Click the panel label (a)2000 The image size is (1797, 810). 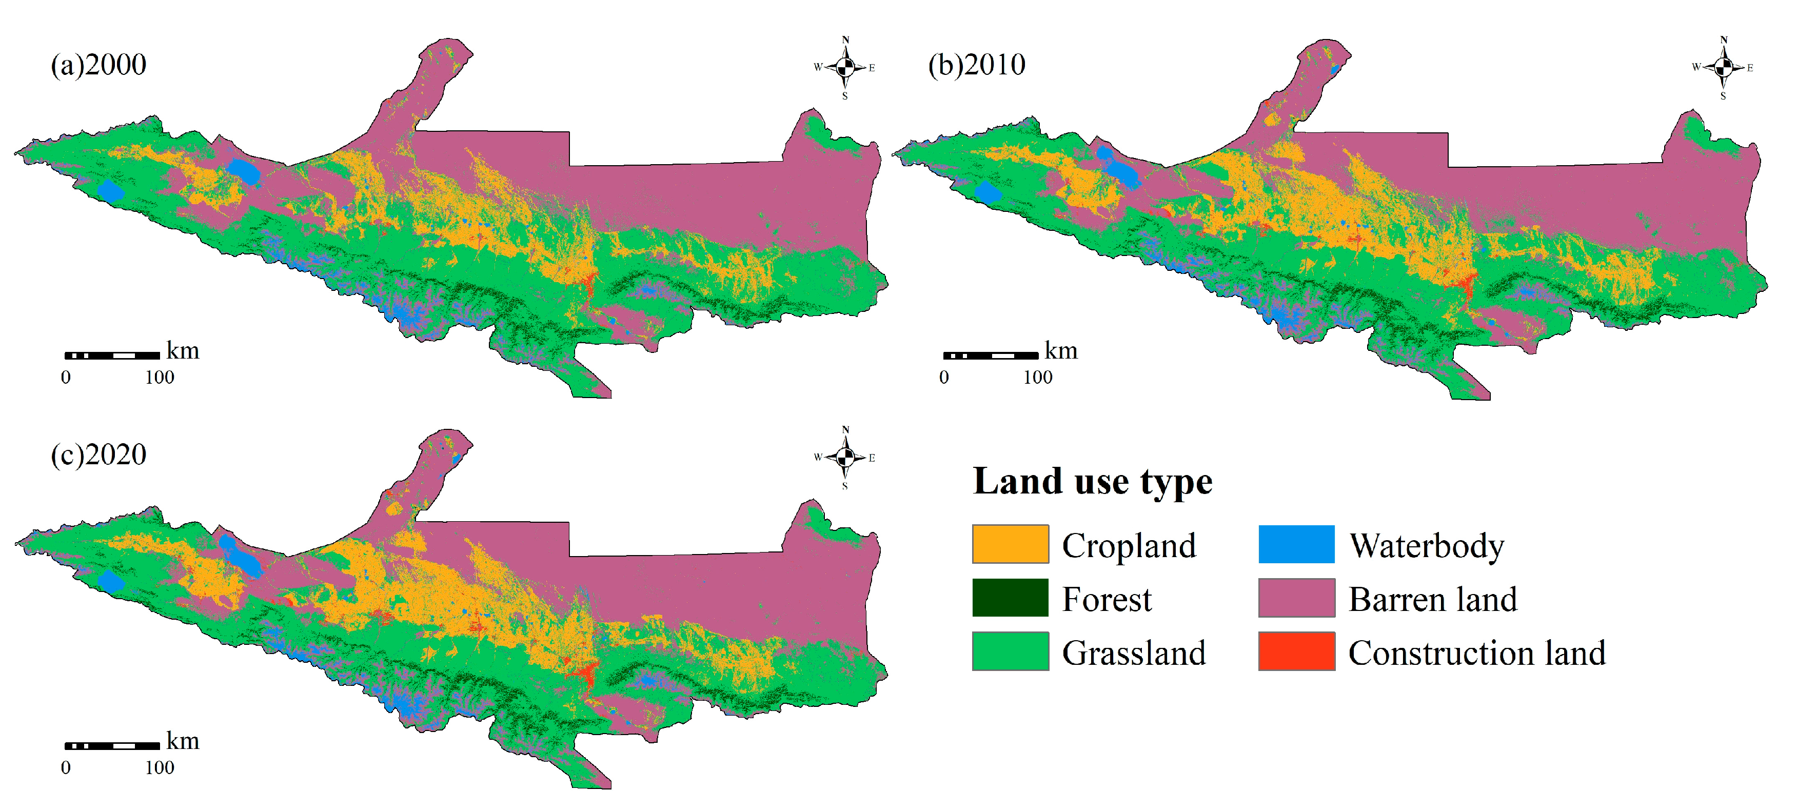click(x=98, y=65)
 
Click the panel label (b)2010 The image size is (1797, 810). click(x=977, y=65)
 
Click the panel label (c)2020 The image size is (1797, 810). click(x=98, y=455)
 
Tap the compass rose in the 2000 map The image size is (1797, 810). click(x=845, y=67)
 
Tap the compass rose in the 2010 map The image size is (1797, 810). click(x=1723, y=67)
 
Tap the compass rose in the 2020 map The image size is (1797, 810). click(x=845, y=457)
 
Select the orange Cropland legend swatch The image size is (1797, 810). click(x=1010, y=544)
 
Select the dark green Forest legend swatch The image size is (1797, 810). click(x=1010, y=598)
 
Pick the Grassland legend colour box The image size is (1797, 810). click(x=1010, y=651)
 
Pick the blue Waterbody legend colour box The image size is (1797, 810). click(x=1296, y=544)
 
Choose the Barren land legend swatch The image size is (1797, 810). click(x=1296, y=598)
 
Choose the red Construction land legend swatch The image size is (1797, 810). click(x=1296, y=651)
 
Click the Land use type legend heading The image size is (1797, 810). click(x=1093, y=481)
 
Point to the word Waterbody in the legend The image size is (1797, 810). click(x=1427, y=546)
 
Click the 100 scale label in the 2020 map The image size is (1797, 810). click(x=160, y=767)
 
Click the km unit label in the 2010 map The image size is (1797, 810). click(x=1061, y=350)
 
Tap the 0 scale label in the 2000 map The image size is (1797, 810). click(x=66, y=378)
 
